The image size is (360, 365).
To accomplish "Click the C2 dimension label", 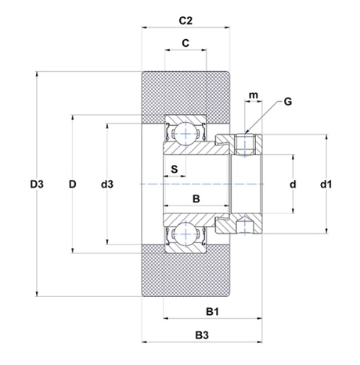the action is pyautogui.click(x=185, y=20).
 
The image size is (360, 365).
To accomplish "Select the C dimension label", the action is pyautogui.click(x=185, y=43).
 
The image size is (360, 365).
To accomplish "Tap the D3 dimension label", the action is pyautogui.click(x=37, y=184).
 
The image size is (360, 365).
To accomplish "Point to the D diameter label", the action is pyautogui.click(x=72, y=184).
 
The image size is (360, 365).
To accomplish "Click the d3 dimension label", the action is pyautogui.click(x=107, y=184).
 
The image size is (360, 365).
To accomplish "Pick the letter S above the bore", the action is pyautogui.click(x=175, y=169).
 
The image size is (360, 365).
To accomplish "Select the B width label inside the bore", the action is pyautogui.click(x=196, y=199).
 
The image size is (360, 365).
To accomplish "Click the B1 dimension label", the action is pyautogui.click(x=212, y=311).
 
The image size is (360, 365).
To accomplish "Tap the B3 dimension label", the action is pyautogui.click(x=202, y=335).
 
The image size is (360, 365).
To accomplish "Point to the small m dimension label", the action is pyautogui.click(x=254, y=95).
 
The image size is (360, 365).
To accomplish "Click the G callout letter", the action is pyautogui.click(x=288, y=102).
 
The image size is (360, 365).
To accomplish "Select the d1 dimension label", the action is pyautogui.click(x=326, y=184).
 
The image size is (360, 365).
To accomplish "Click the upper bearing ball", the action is pyautogui.click(x=185, y=134).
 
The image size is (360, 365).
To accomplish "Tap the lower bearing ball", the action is pyautogui.click(x=185, y=234).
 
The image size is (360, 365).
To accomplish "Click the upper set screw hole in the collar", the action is pyautogui.click(x=245, y=144).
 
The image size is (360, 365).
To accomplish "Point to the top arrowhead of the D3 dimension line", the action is pyautogui.click(x=37, y=74).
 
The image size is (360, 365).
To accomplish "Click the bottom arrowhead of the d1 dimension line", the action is pyautogui.click(x=326, y=231).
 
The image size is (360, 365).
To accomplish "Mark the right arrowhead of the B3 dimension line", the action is pyautogui.click(x=259, y=342).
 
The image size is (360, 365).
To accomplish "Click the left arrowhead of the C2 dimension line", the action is pyautogui.click(x=145, y=27).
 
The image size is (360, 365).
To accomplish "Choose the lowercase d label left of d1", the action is pyautogui.click(x=293, y=184).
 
